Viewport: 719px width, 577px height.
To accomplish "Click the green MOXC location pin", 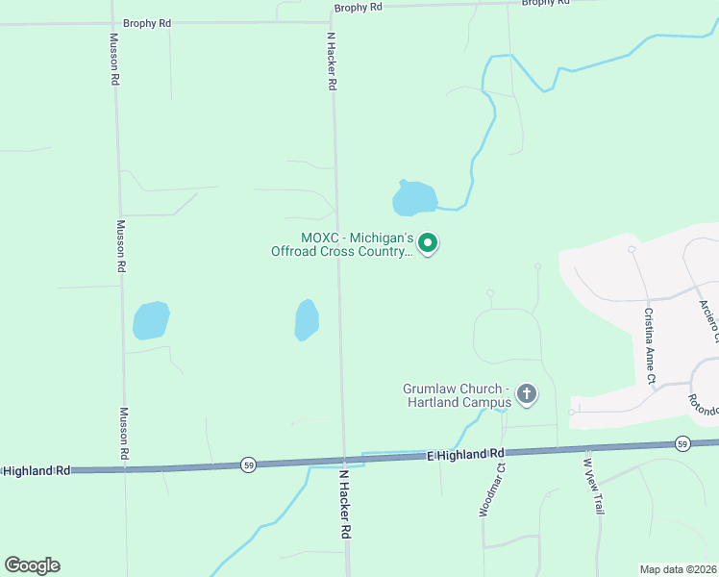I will click(x=429, y=243).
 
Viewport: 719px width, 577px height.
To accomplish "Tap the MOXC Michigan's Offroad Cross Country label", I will click(x=357, y=244).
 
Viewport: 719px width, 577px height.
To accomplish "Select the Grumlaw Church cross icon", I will click(x=526, y=393).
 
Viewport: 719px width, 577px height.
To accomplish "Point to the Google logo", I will click(x=32, y=565).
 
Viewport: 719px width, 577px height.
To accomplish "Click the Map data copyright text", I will click(x=678, y=568).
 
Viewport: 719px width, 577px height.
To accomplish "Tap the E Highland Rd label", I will click(x=466, y=453).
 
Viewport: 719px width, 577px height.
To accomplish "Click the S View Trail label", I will click(x=592, y=485).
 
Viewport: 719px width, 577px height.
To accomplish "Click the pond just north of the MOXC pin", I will click(x=413, y=199).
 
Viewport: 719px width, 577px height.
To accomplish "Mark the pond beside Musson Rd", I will click(x=151, y=320).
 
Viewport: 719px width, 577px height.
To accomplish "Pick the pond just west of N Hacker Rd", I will click(x=306, y=319).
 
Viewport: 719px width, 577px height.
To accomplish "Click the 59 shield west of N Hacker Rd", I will click(x=249, y=465).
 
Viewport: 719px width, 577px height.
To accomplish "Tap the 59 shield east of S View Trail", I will click(x=682, y=443).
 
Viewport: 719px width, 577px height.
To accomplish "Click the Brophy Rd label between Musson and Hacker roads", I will click(x=146, y=21).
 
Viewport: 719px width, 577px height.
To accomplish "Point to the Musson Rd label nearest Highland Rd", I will click(x=123, y=432).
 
